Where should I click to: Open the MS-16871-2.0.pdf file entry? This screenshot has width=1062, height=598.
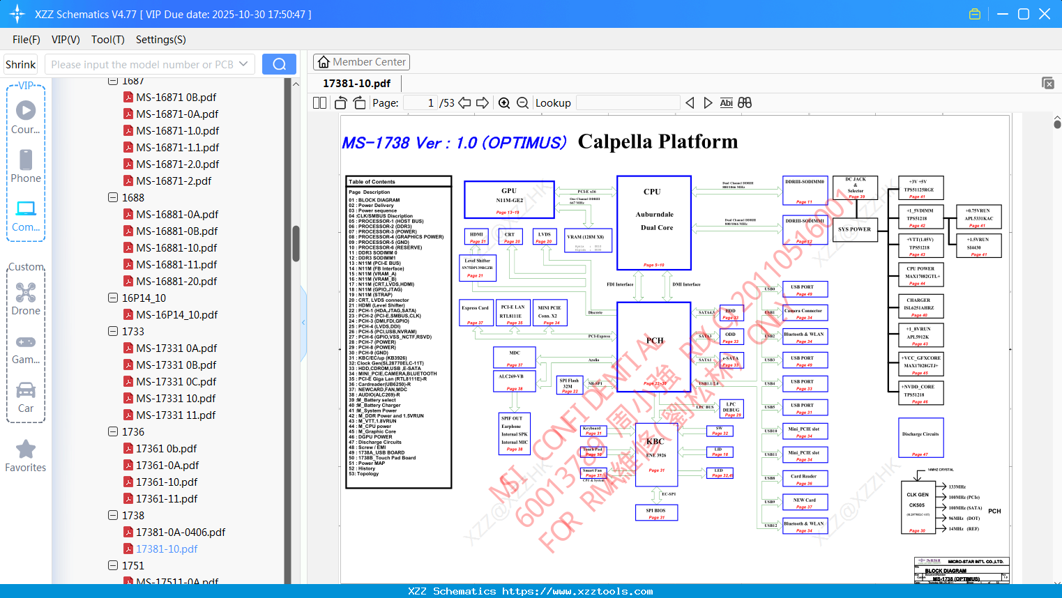[177, 164]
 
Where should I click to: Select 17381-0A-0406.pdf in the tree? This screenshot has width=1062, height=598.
[180, 532]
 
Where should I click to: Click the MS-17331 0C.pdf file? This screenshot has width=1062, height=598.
[176, 382]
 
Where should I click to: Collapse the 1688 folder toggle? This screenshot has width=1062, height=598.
[113, 198]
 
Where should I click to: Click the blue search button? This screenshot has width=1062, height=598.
[279, 64]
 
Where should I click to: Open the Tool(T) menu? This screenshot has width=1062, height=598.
[107, 40]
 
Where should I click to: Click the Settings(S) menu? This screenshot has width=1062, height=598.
[160, 40]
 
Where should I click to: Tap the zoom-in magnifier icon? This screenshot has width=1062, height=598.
[504, 103]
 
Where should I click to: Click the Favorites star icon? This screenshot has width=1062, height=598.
[26, 450]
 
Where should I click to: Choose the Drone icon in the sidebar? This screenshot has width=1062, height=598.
[26, 293]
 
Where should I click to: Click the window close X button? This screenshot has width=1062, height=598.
[1045, 14]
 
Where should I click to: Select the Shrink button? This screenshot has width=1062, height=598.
[20, 64]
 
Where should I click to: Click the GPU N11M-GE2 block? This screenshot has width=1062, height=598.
[509, 199]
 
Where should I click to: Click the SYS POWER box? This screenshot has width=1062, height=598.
[854, 229]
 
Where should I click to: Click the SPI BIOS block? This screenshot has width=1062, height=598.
[656, 512]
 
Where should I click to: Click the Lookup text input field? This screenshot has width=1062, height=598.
[628, 103]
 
